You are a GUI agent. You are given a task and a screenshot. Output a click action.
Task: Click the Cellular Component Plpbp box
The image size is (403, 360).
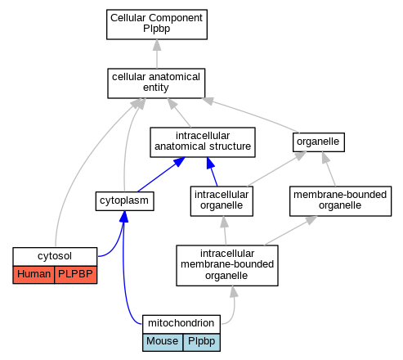point(157,25)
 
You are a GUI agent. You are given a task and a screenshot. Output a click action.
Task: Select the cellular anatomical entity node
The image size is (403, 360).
point(156,83)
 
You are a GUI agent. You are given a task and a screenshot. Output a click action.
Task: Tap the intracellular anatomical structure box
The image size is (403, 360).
point(203,142)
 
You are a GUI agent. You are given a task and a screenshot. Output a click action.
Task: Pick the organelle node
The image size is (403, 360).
point(319,142)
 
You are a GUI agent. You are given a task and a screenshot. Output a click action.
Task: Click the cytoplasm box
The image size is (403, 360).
point(124,201)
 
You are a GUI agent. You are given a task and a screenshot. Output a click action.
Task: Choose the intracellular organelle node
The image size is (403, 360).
point(222,201)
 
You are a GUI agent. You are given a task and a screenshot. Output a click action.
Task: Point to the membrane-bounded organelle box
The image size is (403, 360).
point(340,201)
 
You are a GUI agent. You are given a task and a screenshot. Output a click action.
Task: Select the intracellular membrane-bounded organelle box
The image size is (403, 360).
point(227,265)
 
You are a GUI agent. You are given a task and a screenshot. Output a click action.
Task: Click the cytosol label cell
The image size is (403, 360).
point(55,256)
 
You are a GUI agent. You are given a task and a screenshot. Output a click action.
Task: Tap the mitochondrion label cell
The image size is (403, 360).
point(181,324)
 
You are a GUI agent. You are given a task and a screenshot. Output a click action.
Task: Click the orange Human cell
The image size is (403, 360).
point(34,274)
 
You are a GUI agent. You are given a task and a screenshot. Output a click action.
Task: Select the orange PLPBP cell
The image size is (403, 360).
point(76,274)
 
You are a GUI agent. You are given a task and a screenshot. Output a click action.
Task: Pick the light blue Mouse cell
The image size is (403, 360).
point(163,342)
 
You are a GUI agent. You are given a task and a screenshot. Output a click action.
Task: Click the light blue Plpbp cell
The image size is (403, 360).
point(201,342)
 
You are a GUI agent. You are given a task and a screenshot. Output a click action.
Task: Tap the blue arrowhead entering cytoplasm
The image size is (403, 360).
point(123,217)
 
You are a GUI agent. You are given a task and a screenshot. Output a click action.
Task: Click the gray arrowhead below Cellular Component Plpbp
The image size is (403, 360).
point(157,45)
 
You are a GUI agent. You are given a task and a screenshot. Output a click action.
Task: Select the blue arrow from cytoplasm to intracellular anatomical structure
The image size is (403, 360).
point(161,174)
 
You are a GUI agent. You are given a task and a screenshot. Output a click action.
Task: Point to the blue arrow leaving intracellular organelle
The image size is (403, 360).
point(212,172)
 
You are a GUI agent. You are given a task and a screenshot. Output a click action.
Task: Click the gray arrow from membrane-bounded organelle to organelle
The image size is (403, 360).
point(329,169)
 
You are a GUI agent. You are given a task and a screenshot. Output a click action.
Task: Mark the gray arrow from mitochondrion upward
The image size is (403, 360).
point(233,308)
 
